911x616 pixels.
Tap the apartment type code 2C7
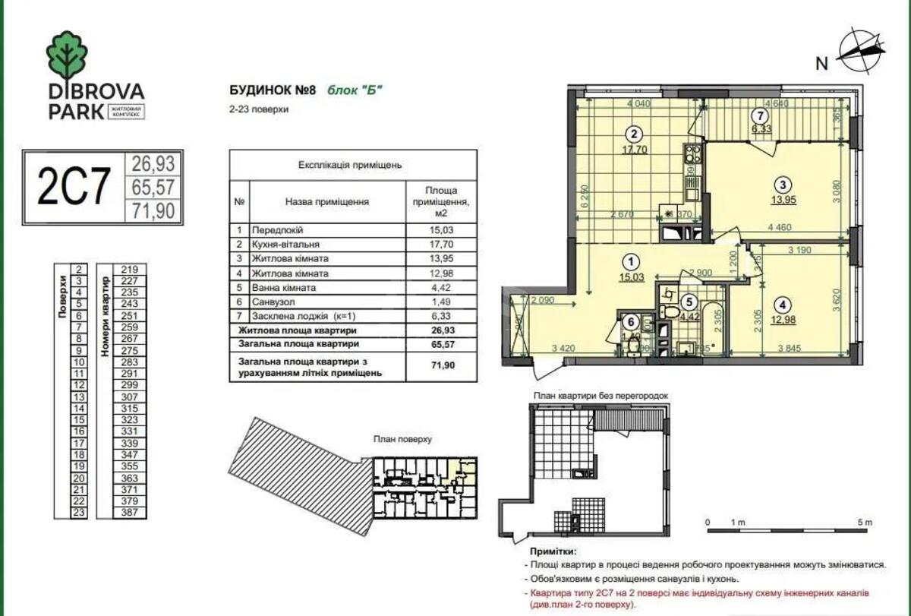[74, 186]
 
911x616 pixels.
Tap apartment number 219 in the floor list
[128, 269]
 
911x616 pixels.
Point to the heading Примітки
[550, 551]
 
